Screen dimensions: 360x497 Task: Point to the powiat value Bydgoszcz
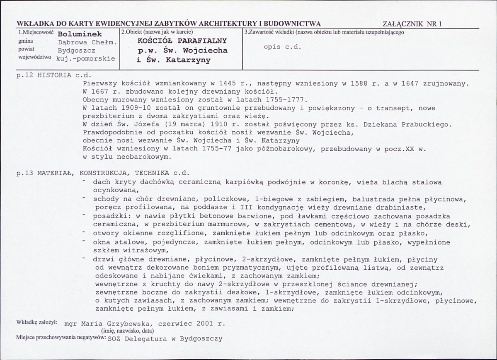[76, 51]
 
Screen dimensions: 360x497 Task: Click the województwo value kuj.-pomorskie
[85, 58]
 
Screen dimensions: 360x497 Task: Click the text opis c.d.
[282, 47]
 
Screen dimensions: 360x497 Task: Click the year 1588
[356, 84]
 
